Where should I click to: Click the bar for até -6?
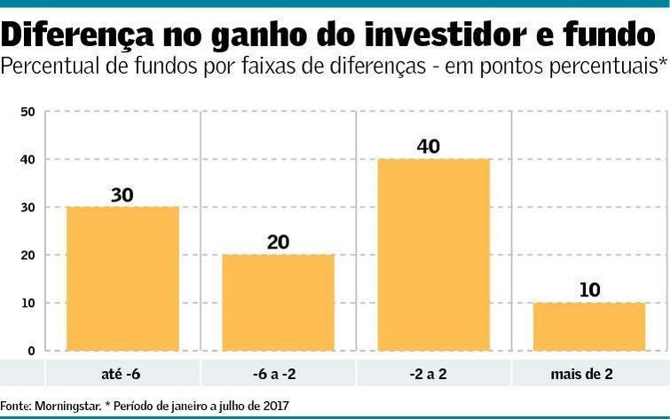click(122, 279)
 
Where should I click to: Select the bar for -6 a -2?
click(278, 303)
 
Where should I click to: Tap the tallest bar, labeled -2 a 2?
click(434, 255)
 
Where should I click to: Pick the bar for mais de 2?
click(589, 327)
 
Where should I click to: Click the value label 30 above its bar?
click(122, 194)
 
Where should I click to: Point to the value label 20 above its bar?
click(278, 242)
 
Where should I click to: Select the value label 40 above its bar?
click(429, 146)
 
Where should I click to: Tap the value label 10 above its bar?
click(589, 290)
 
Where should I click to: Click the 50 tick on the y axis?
click(27, 112)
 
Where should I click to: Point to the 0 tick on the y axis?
click(30, 352)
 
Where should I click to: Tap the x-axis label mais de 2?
click(589, 374)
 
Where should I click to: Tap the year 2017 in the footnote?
click(274, 406)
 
